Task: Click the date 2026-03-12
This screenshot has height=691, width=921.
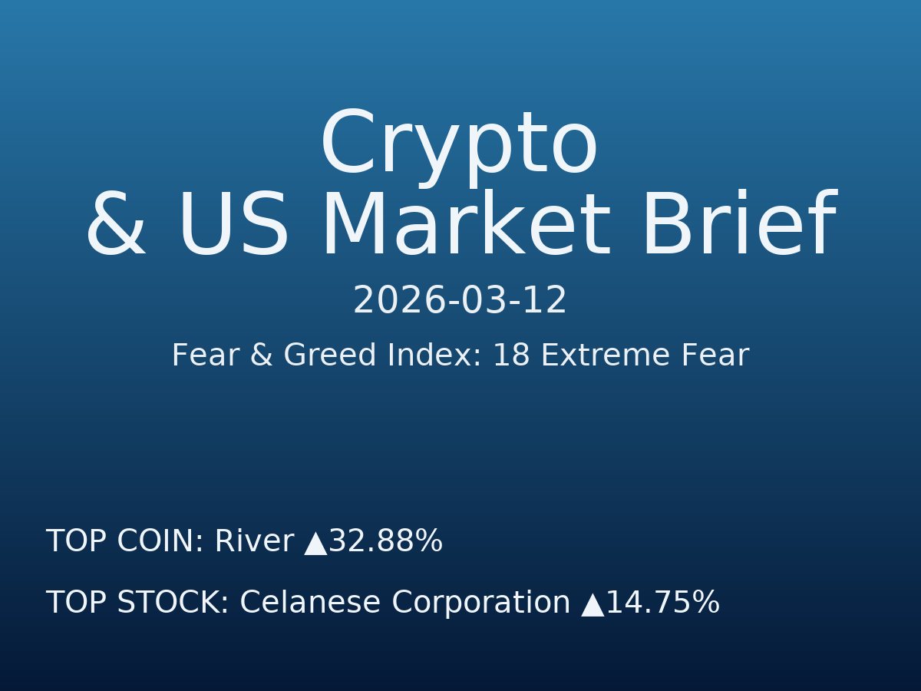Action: tap(460, 301)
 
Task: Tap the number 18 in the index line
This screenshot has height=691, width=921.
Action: tap(511, 356)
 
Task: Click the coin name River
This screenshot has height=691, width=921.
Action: tap(253, 542)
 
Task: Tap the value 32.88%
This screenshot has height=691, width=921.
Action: tap(385, 542)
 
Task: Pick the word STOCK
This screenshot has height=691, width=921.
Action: tap(173, 603)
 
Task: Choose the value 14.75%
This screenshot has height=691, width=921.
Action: tap(662, 603)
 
